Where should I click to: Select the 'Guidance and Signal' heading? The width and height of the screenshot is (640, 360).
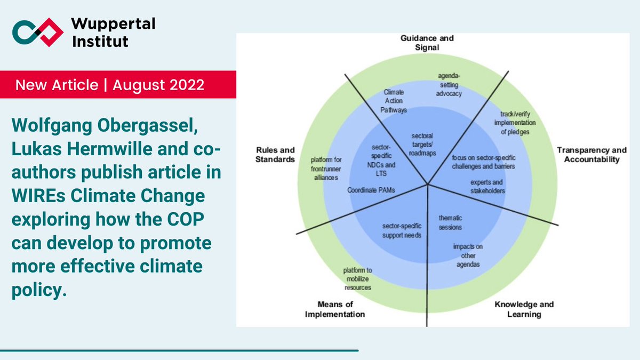tap(427, 43)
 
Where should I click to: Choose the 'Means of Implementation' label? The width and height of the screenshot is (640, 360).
tap(334, 309)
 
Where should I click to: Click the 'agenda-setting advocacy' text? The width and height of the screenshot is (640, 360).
tap(446, 85)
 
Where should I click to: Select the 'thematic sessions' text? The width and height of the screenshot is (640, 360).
tap(450, 222)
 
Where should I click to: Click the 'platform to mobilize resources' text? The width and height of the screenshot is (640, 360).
tap(357, 279)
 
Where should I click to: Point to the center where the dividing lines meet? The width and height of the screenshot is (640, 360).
tap(428, 185)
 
